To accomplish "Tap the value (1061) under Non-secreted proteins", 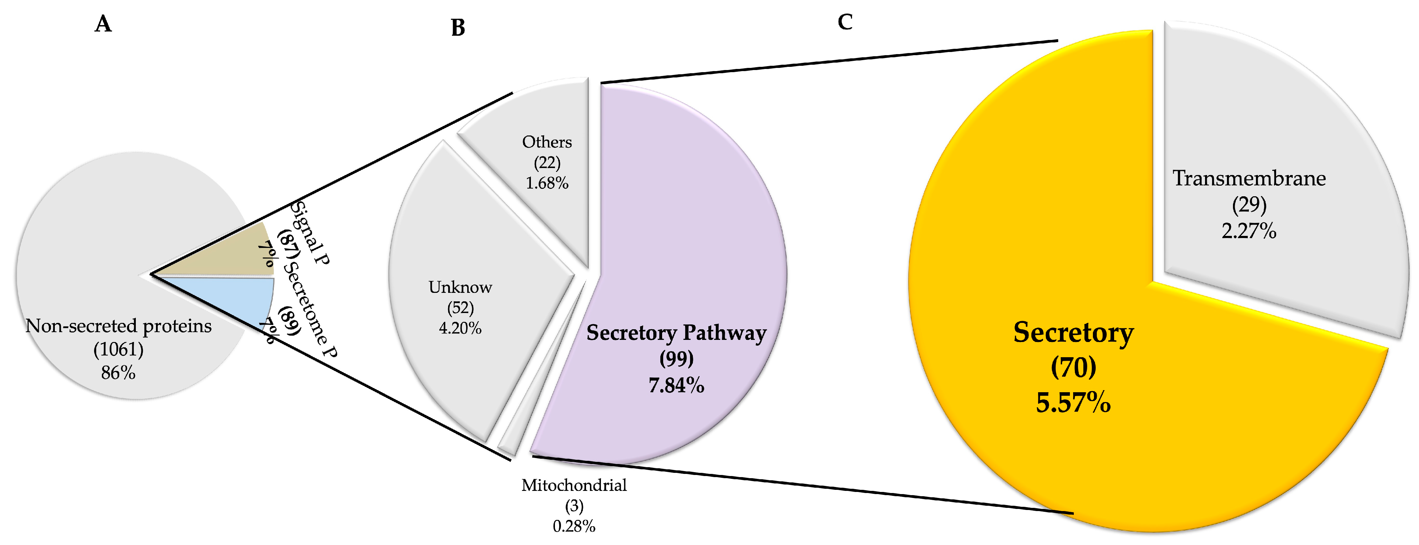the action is click(118, 349).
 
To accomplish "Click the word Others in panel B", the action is click(547, 142).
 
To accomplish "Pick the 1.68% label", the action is click(547, 183).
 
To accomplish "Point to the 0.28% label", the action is click(574, 526).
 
